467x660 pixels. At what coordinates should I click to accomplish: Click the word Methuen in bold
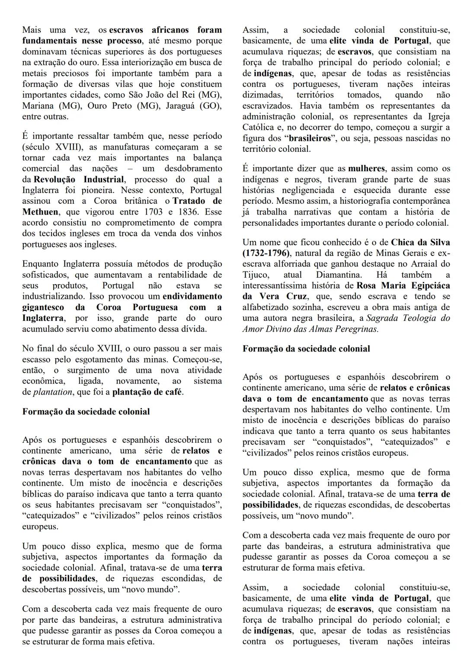pos(39,212)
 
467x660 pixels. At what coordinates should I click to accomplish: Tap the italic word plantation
pos(53,392)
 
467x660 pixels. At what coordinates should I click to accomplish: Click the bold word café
pos(173,392)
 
